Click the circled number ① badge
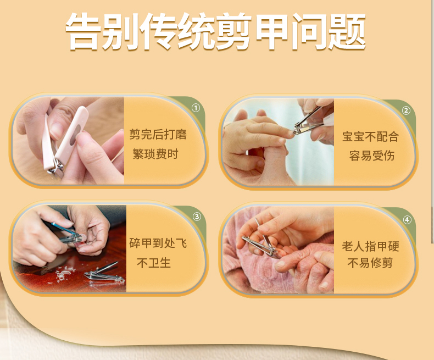point(196,108)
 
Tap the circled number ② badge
point(406,110)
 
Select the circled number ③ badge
point(197,217)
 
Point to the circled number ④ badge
point(407,220)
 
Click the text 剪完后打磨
point(158,134)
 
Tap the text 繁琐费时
point(155,154)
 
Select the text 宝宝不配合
point(370,137)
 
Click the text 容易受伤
point(371,156)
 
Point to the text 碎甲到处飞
point(158,243)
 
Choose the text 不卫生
point(154,263)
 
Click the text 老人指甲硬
point(370,246)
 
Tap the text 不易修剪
point(370,263)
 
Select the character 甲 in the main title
point(272,31)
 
